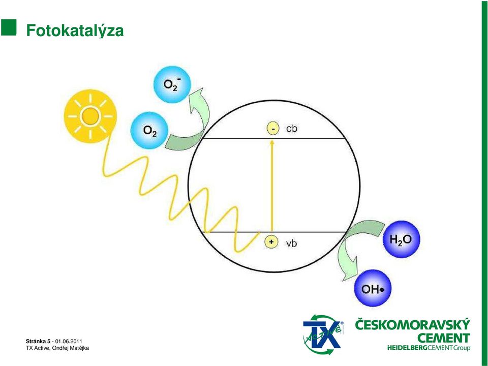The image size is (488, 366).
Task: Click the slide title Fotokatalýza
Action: (x=75, y=31)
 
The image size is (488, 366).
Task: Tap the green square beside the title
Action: (x=9, y=27)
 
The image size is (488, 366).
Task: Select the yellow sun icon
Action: (x=90, y=116)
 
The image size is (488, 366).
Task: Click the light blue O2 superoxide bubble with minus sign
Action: (x=172, y=84)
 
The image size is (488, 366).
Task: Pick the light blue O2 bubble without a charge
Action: (x=149, y=131)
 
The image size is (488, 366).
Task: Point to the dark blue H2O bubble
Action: (x=401, y=239)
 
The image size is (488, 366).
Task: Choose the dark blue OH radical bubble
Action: (x=373, y=288)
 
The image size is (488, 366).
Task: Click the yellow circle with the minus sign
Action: (x=273, y=129)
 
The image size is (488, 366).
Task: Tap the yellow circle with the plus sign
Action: (x=271, y=242)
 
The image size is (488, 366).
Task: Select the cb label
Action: (x=292, y=129)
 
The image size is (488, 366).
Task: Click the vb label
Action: (x=292, y=243)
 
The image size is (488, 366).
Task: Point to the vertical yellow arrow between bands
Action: (x=272, y=186)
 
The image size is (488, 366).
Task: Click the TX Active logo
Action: (x=323, y=334)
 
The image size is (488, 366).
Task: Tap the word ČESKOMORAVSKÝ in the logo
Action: (x=412, y=325)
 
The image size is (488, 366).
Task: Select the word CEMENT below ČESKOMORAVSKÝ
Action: (x=443, y=338)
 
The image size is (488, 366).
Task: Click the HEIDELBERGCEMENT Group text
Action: (x=429, y=348)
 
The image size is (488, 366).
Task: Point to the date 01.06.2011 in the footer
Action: (x=69, y=342)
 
